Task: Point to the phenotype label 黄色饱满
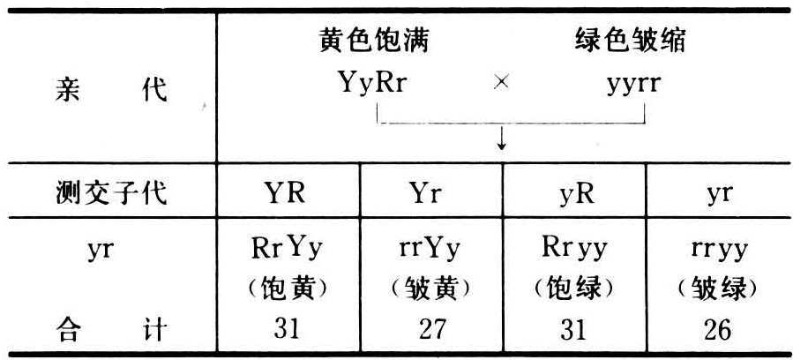point(374,41)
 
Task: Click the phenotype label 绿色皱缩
point(631,41)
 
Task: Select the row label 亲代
point(110,89)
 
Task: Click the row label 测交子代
point(110,193)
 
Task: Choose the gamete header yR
point(574,193)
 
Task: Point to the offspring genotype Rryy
point(574,250)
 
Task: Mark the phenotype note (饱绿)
point(574,288)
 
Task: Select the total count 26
point(719,329)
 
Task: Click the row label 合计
point(110,329)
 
